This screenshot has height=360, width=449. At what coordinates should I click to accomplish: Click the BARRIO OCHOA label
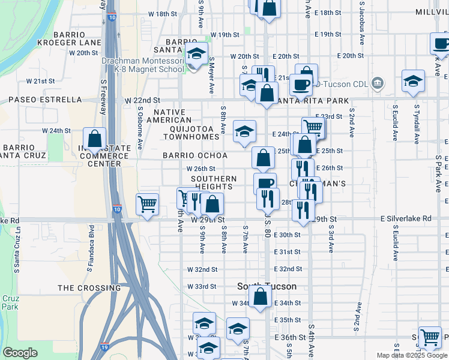click(x=195, y=155)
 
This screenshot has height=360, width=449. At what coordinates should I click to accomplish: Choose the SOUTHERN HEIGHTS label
click(x=214, y=183)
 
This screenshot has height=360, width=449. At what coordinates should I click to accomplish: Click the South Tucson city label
click(x=258, y=286)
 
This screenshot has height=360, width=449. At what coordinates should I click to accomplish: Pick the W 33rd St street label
click(x=202, y=286)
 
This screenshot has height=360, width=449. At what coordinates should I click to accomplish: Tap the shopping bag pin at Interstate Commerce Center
click(x=95, y=139)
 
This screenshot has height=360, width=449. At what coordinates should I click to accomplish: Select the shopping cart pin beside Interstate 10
click(x=147, y=204)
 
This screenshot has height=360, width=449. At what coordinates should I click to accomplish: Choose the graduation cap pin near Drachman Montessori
click(x=196, y=54)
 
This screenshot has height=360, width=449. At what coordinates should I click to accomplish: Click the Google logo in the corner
click(x=20, y=353)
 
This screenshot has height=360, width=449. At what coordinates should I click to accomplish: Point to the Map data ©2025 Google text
click(x=411, y=355)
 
